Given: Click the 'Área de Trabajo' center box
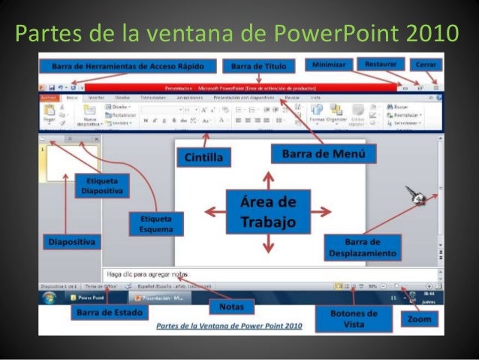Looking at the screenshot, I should pos(269,213).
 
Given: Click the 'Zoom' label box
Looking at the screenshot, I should pos(418,319).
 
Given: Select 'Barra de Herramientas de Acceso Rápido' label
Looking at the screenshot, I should pos(128,65).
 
